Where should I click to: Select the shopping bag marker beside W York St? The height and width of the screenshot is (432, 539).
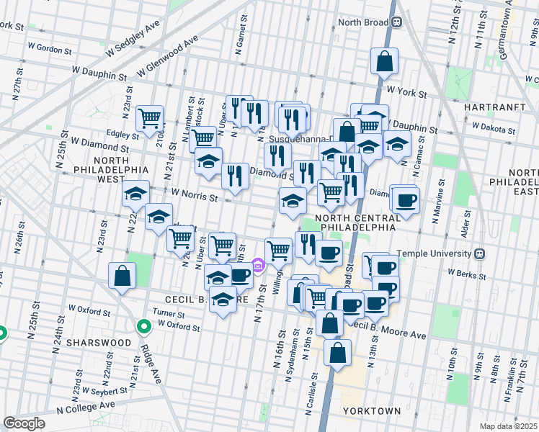[384, 61]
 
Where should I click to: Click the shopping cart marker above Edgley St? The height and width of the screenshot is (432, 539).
[149, 118]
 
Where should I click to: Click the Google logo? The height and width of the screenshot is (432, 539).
[24, 423]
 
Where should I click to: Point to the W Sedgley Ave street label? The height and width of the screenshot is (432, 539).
[132, 38]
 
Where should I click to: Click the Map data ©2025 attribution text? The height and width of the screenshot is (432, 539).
[507, 426]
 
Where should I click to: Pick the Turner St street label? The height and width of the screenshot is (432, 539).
[169, 313]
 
